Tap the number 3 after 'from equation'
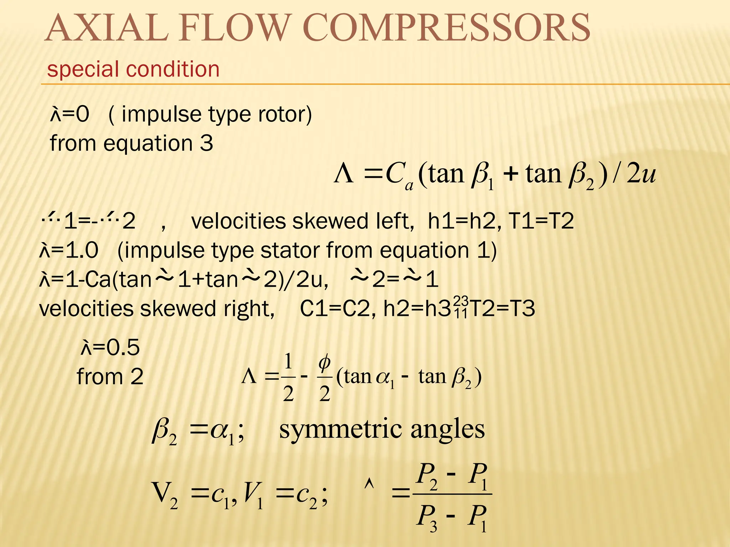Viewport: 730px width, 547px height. coord(206,144)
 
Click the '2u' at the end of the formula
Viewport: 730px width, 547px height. coord(641,174)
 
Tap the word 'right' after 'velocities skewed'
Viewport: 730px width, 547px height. coord(249,308)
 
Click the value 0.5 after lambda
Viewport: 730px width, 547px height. coord(123,347)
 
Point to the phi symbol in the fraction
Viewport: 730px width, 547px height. coord(324,363)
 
